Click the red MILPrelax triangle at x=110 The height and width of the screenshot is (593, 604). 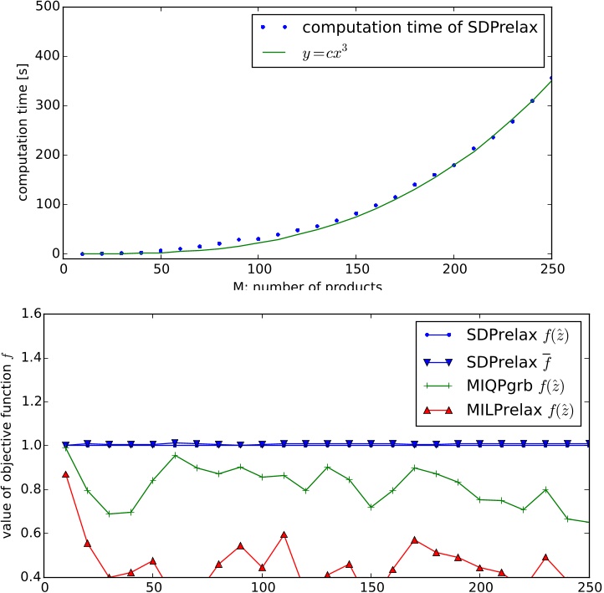[284, 534]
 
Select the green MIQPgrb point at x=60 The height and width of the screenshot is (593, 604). [175, 455]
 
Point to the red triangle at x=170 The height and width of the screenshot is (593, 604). [414, 539]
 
